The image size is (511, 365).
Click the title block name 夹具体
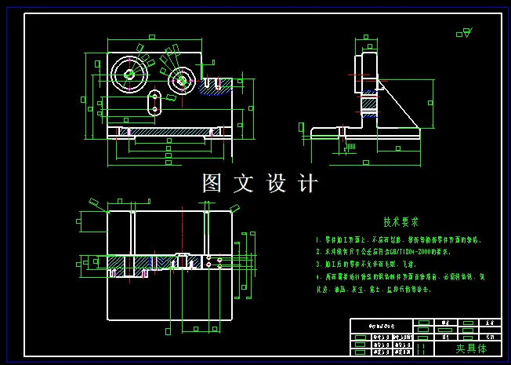coord(471,348)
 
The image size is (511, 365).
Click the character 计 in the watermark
coord(308,184)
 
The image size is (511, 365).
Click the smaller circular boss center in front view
coord(182,79)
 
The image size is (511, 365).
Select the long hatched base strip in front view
coord(168,131)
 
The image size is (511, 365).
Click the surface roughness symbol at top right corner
coord(464,33)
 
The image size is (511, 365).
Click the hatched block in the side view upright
coord(368,102)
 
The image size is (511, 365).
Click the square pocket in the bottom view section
coord(181,260)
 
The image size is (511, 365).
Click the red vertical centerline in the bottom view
coord(182,235)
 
